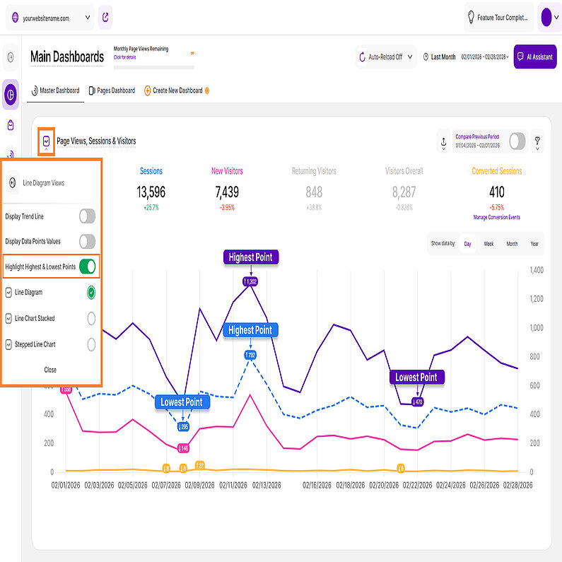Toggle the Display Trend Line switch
pyautogui.click(x=87, y=216)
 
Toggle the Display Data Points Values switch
pyautogui.click(x=87, y=242)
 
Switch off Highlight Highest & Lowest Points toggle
pyautogui.click(x=87, y=267)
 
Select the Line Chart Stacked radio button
pyautogui.click(x=91, y=318)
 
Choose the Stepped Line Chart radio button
pyautogui.click(x=91, y=344)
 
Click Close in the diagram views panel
pyautogui.click(x=50, y=370)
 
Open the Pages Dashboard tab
pyautogui.click(x=112, y=90)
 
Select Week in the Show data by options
pyautogui.click(x=488, y=244)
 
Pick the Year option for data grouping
pyautogui.click(x=534, y=244)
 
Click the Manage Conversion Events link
pyautogui.click(x=496, y=217)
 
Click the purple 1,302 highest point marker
pyautogui.click(x=250, y=281)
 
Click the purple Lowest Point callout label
pyautogui.click(x=416, y=377)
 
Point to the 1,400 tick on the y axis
pyautogui.click(x=535, y=271)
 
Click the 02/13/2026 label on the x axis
pyautogui.click(x=267, y=486)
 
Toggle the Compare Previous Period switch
pyautogui.click(x=517, y=141)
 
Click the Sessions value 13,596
pyautogui.click(x=151, y=192)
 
